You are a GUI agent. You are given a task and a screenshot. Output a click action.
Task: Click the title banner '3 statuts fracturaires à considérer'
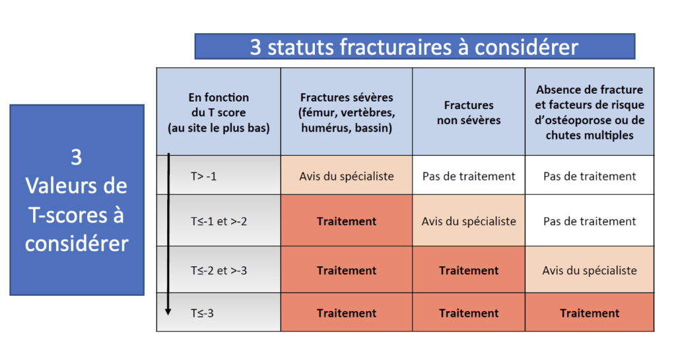pos(415,46)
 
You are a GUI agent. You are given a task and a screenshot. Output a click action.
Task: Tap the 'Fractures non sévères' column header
pos(469,112)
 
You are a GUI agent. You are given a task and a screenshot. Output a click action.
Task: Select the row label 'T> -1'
pos(203,176)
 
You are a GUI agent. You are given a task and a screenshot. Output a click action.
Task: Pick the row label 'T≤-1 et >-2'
pos(219,221)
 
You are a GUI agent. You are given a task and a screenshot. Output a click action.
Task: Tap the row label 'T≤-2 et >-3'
pos(219,271)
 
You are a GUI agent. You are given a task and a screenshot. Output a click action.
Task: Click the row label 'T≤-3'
pos(202,313)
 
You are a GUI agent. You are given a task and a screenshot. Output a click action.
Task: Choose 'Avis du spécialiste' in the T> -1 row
pos(347,176)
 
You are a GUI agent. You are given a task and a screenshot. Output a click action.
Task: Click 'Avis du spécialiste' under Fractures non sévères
pos(469,221)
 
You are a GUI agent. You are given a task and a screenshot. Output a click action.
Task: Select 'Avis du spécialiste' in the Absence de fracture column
pos(590,271)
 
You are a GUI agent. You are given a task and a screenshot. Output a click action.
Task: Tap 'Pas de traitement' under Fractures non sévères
pos(469,176)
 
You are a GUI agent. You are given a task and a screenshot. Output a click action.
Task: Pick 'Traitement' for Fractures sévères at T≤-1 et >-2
pos(347,221)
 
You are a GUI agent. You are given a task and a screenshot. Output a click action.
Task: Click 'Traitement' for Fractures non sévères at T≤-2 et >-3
pos(469,271)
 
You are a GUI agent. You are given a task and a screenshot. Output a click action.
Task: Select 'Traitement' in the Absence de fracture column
pos(590,313)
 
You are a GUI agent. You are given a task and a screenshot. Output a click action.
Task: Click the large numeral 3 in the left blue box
pos(77,157)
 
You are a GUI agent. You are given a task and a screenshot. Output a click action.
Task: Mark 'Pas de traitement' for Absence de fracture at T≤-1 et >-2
pos(590,221)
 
